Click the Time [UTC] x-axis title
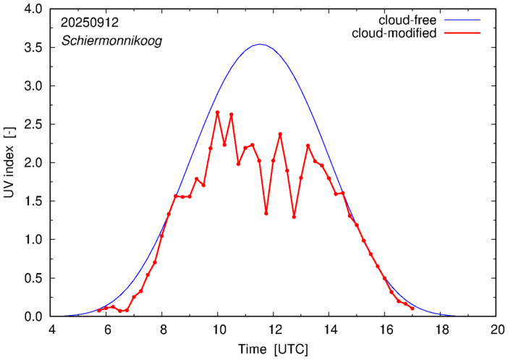pyautogui.click(x=274, y=349)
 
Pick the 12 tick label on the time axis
pyautogui.click(x=274, y=329)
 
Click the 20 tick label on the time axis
pyautogui.click(x=496, y=329)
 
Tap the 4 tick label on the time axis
pyautogui.click(x=51, y=329)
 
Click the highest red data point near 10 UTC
pyautogui.click(x=217, y=112)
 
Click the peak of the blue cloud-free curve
pyautogui.click(x=261, y=44)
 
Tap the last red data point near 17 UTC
pyautogui.click(x=412, y=309)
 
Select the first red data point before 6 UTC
pyautogui.click(x=99, y=311)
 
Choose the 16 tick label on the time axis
pyautogui.click(x=385, y=329)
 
